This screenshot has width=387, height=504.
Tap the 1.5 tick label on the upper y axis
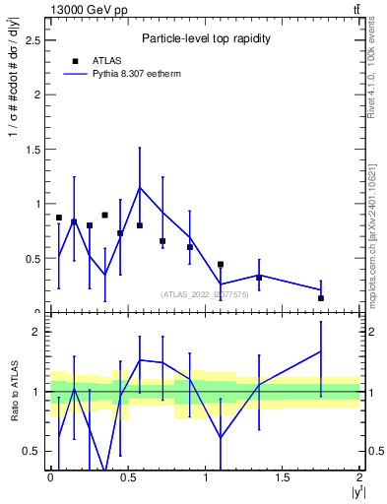pyautogui.click(x=32, y=150)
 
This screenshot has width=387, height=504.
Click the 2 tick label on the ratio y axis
pyautogui.click(x=35, y=332)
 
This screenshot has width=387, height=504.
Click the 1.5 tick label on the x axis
pyautogui.click(x=283, y=478)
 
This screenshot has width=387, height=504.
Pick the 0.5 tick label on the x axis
pyautogui.click(x=128, y=478)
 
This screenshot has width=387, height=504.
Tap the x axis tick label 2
pyautogui.click(x=360, y=478)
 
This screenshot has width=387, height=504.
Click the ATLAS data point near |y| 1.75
pyautogui.click(x=321, y=298)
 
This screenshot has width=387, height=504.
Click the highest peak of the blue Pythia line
pyautogui.click(x=140, y=187)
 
